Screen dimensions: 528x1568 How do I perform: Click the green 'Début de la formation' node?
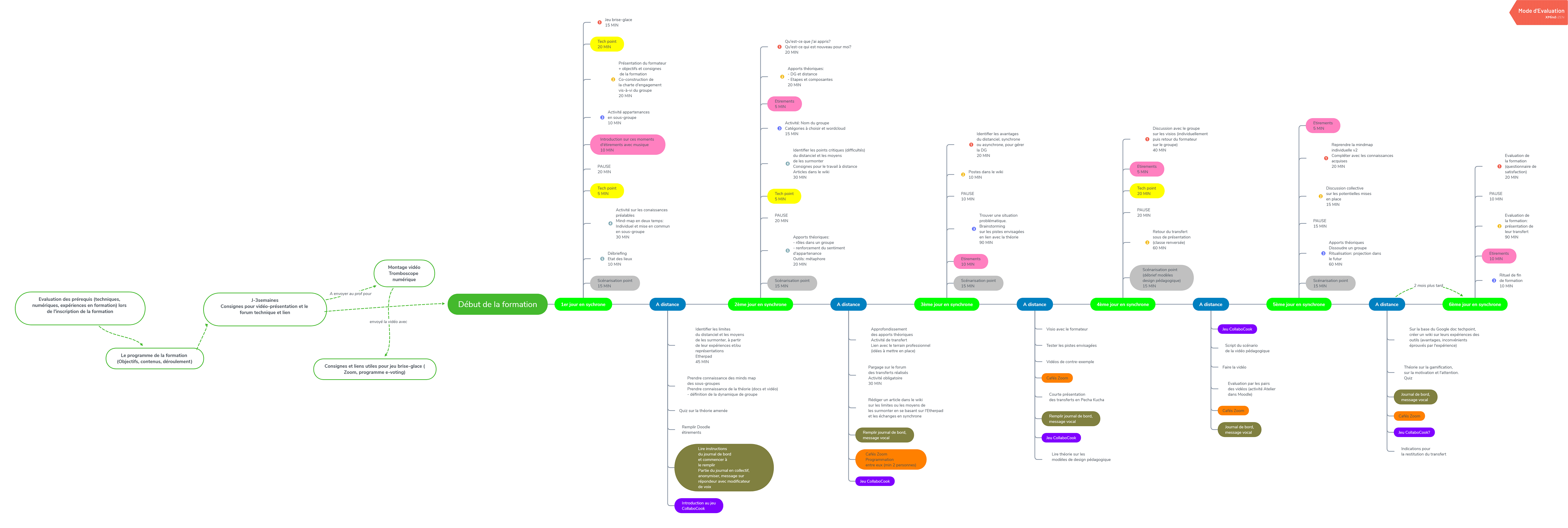[x=497, y=305]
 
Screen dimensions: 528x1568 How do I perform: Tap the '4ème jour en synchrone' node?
[x=1123, y=305]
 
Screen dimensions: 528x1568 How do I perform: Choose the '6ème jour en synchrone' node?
[x=1474, y=305]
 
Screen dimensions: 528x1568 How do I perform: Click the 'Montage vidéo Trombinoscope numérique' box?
[x=404, y=273]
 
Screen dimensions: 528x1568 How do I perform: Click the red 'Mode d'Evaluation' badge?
[x=1540, y=12]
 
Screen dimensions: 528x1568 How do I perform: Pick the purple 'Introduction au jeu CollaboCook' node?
[x=698, y=506]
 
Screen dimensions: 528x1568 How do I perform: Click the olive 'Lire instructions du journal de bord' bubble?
[x=723, y=468]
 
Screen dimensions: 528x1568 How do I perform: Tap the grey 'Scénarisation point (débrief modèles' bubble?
[x=1161, y=278]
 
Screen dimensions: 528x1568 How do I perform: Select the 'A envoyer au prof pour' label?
[x=350, y=293]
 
